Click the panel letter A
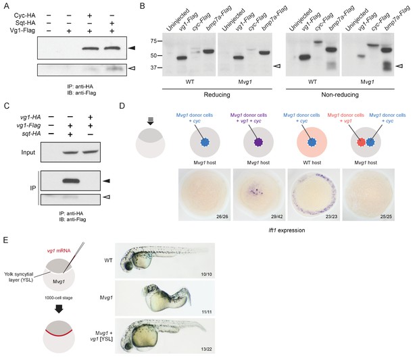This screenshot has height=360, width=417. (x=6, y=6)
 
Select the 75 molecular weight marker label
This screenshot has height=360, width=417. (x=152, y=41)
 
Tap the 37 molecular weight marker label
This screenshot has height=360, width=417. (x=152, y=68)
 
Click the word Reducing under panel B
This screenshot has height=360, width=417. (x=217, y=95)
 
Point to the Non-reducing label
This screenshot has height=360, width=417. (x=340, y=95)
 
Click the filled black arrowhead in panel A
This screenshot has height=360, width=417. (x=132, y=48)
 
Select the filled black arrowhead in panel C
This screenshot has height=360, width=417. (x=106, y=181)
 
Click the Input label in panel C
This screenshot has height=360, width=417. (x=28, y=153)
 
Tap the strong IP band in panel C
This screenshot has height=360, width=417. (x=71, y=181)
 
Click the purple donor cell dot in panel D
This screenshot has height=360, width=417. (x=258, y=143)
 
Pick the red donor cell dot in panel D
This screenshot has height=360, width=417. (x=361, y=143)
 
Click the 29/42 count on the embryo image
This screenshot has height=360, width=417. (x=277, y=217)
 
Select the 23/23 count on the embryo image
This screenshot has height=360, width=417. (x=331, y=217)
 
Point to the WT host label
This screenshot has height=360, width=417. (x=312, y=162)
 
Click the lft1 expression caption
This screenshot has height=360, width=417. (x=287, y=230)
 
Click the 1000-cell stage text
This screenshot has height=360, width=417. (x=59, y=298)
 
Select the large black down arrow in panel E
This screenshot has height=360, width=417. (x=59, y=309)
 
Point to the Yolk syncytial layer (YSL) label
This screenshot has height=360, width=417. (x=19, y=277)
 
